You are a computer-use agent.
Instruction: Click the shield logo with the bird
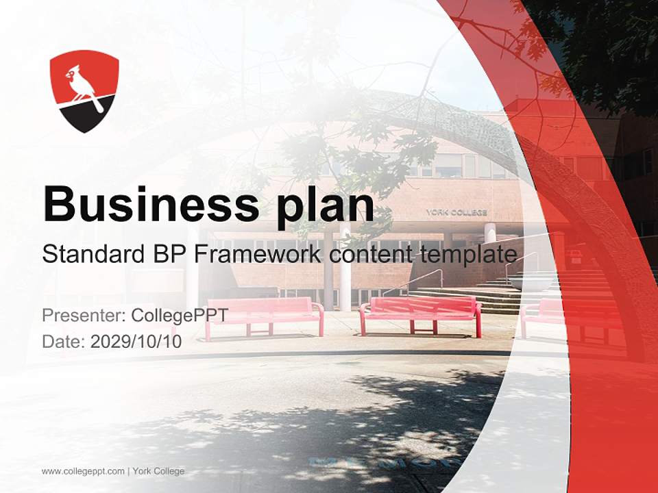tap(84, 91)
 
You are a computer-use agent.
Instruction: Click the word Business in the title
tap(151, 203)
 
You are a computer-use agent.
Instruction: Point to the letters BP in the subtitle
tap(169, 255)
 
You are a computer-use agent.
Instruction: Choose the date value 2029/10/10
tap(136, 342)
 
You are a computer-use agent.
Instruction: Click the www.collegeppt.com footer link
tap(83, 471)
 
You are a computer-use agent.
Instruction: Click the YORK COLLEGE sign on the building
tap(456, 212)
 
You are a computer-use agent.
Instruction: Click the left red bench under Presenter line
tap(265, 317)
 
